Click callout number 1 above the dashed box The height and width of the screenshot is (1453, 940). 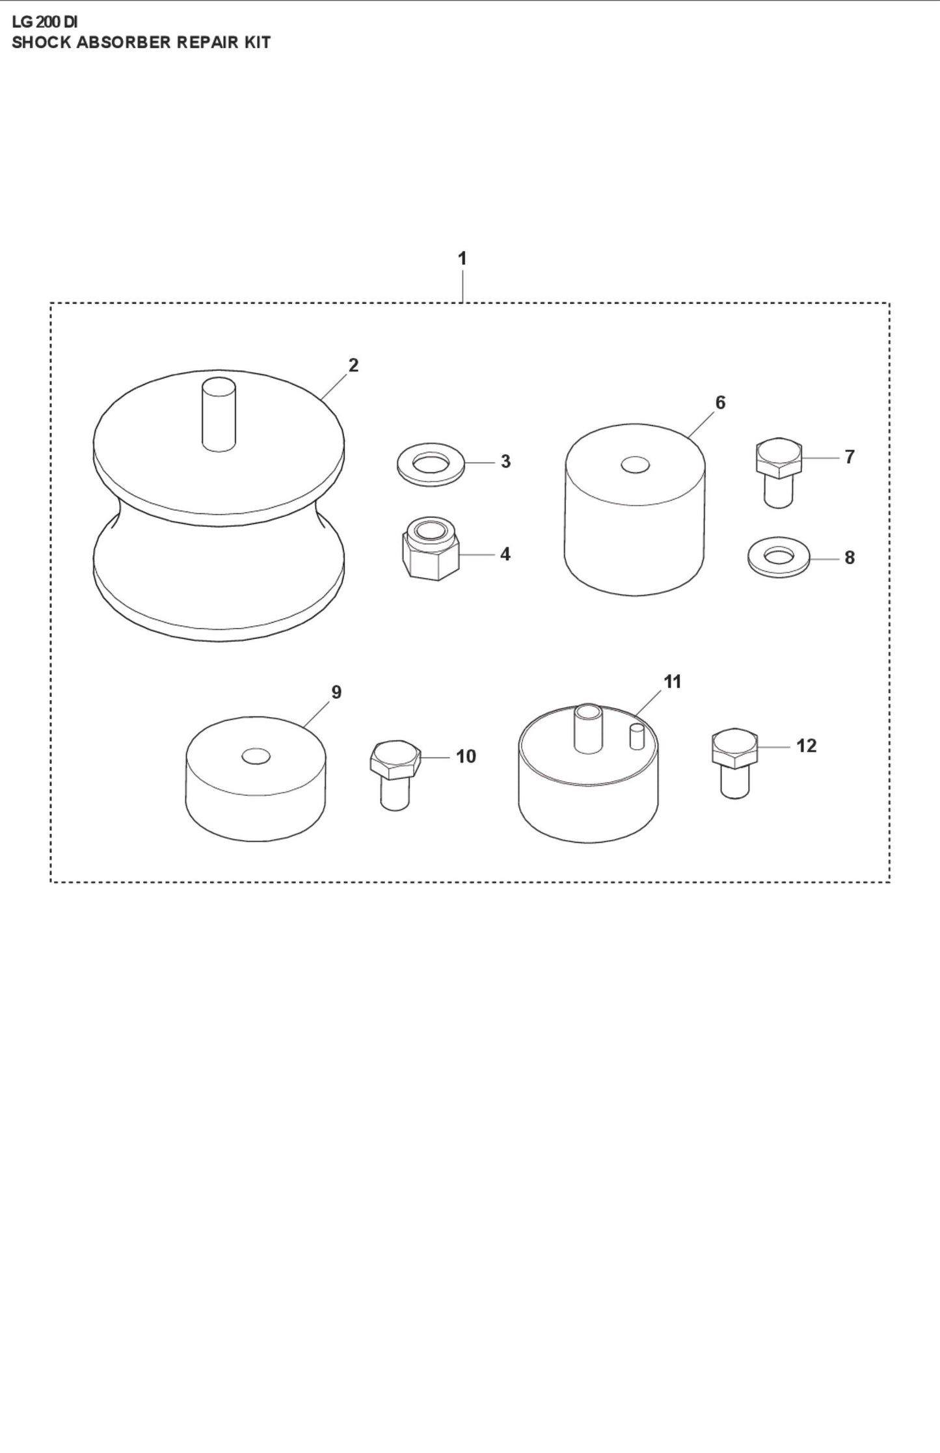click(462, 258)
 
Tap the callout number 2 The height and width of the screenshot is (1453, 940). click(353, 365)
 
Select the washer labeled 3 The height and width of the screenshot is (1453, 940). click(431, 464)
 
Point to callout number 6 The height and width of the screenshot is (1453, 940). click(720, 403)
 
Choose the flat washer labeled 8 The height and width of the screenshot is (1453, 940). click(779, 557)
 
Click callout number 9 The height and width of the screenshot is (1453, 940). click(336, 692)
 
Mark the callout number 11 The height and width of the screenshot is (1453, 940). click(672, 682)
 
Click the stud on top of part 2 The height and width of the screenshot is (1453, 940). click(219, 414)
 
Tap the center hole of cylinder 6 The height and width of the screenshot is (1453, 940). click(635, 465)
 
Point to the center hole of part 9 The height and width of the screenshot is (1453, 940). click(256, 756)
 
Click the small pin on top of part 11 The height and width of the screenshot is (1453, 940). click(636, 737)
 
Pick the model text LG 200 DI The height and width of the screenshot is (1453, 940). click(44, 23)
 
